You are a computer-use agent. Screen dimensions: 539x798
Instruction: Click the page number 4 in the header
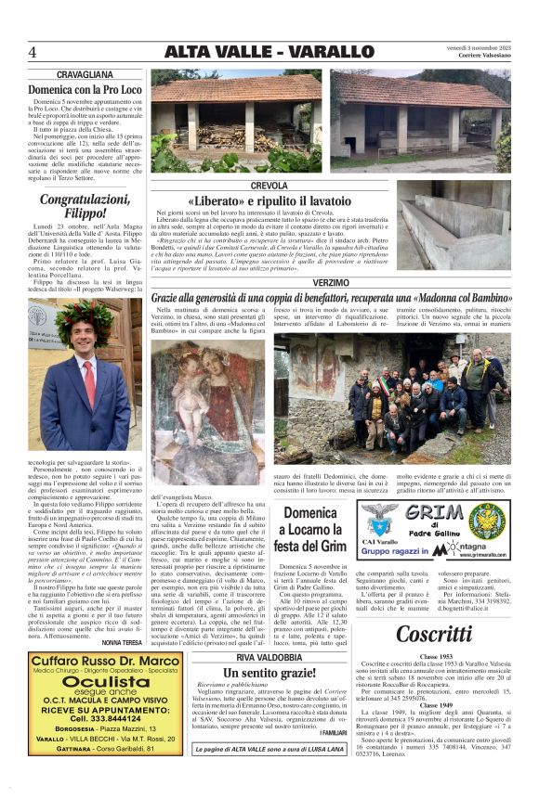point(33,51)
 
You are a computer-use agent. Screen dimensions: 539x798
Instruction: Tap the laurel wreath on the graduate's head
point(87,317)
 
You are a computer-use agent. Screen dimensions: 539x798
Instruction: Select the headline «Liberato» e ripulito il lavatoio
point(269,200)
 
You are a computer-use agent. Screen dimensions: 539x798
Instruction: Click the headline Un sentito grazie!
point(269,672)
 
